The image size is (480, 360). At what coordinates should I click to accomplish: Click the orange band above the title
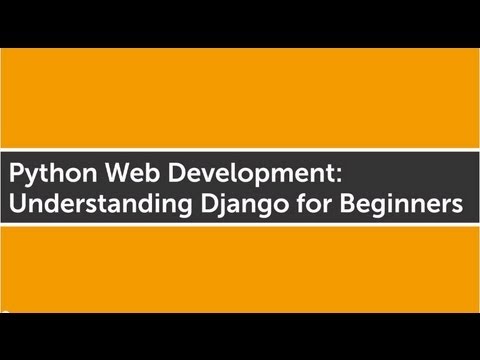(x=240, y=95)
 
